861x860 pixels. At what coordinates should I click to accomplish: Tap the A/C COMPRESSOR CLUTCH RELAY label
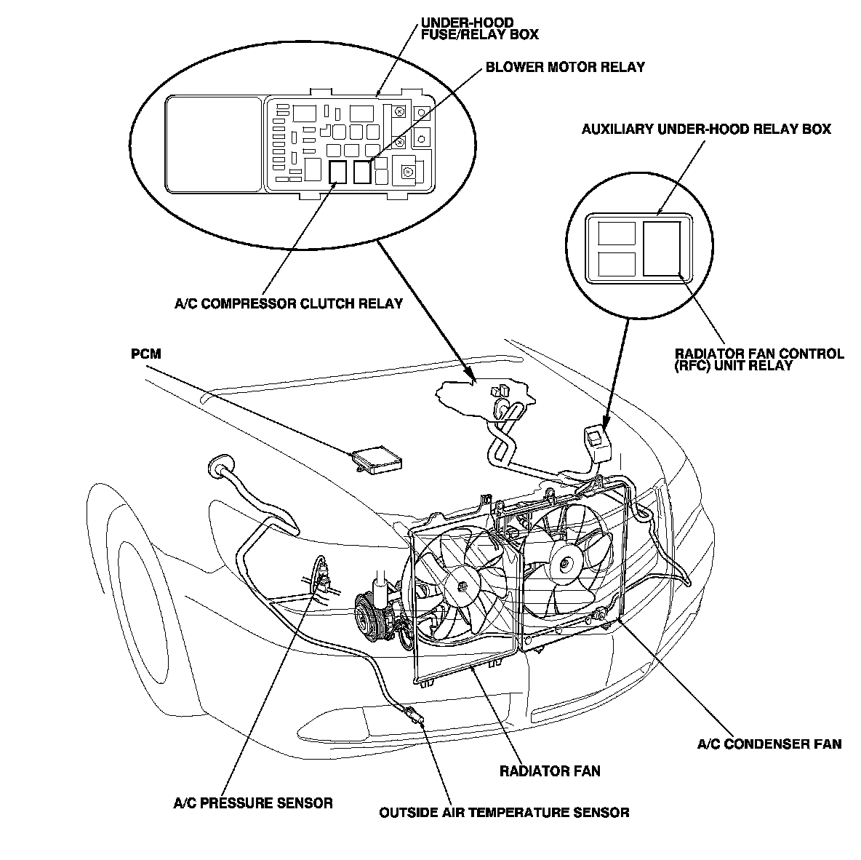pyautogui.click(x=288, y=303)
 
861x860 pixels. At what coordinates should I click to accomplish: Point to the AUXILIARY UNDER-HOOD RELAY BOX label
pyautogui.click(x=706, y=130)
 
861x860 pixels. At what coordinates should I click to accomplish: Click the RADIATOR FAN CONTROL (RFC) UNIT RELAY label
pyautogui.click(x=759, y=359)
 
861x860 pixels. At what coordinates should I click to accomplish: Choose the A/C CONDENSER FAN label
pyautogui.click(x=769, y=744)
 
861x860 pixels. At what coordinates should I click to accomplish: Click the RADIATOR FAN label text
pyautogui.click(x=550, y=771)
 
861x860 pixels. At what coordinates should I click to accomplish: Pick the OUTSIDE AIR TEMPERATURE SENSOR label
pyautogui.click(x=504, y=812)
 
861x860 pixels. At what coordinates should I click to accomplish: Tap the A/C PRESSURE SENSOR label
pyautogui.click(x=252, y=803)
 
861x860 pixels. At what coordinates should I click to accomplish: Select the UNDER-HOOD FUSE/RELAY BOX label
pyautogui.click(x=479, y=28)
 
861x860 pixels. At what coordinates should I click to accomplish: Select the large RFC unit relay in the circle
pyautogui.click(x=662, y=248)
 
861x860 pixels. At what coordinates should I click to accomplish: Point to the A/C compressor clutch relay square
pyautogui.click(x=337, y=172)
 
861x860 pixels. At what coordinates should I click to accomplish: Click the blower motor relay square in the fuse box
pyautogui.click(x=362, y=172)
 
